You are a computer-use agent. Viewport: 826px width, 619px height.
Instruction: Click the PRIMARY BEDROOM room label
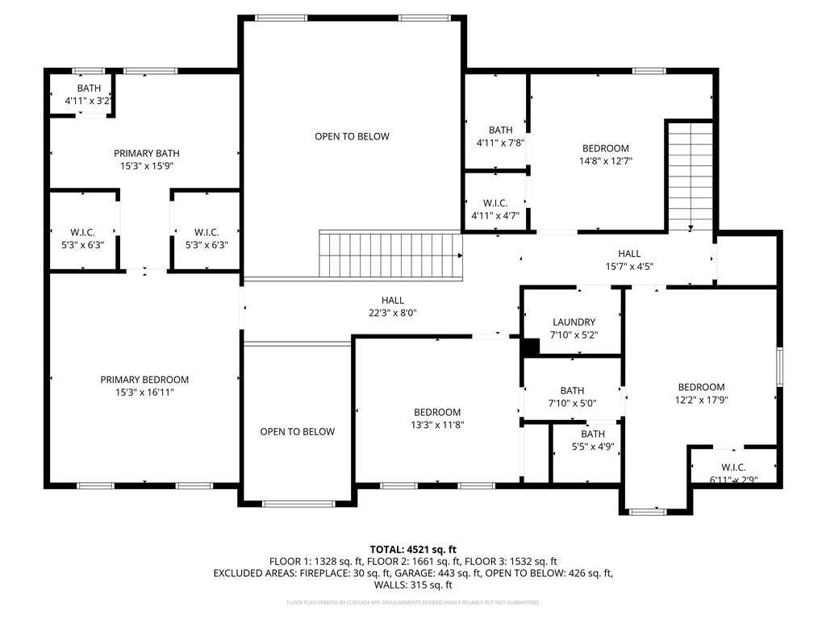[144, 380]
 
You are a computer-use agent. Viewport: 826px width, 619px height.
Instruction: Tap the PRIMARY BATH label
[146, 153]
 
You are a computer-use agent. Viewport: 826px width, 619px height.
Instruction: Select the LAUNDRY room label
[574, 322]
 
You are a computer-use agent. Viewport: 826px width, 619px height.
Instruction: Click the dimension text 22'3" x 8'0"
[393, 313]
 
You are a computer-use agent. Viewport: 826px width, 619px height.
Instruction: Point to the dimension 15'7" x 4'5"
[629, 266]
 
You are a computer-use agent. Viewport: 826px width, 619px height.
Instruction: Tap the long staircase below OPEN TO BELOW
[392, 254]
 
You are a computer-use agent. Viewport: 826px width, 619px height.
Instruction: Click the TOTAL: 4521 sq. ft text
[412, 548]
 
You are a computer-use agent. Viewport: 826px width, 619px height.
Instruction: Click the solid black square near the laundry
[530, 347]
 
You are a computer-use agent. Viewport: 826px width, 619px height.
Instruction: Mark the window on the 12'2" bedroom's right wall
[779, 368]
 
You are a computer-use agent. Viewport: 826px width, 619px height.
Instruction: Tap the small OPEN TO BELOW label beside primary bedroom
[297, 432]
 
